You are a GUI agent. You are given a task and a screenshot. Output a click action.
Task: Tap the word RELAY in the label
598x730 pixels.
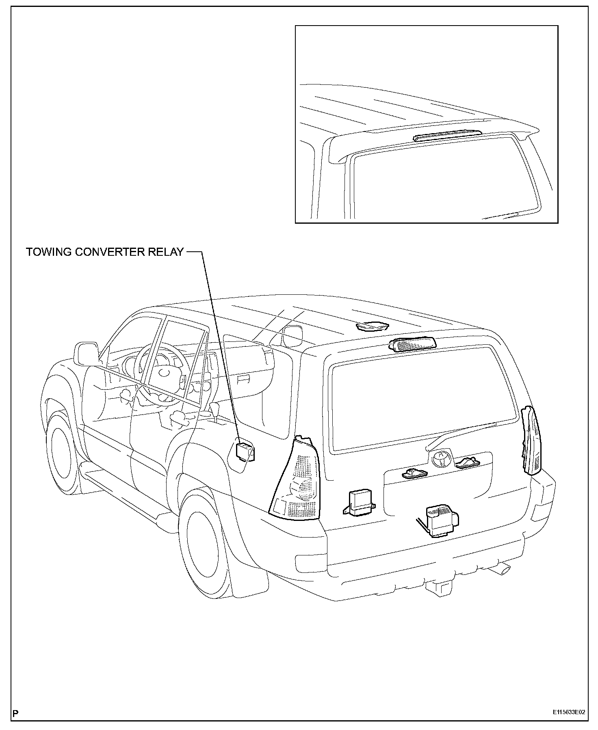167,252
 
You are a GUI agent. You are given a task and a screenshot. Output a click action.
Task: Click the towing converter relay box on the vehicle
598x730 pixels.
245,451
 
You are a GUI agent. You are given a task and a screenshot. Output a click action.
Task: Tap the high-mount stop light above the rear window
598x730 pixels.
412,344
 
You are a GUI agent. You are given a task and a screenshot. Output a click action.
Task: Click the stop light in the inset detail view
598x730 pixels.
446,134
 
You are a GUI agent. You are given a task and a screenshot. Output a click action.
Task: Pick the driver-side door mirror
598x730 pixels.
87,353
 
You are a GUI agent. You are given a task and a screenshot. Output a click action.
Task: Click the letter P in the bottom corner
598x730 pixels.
15,713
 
